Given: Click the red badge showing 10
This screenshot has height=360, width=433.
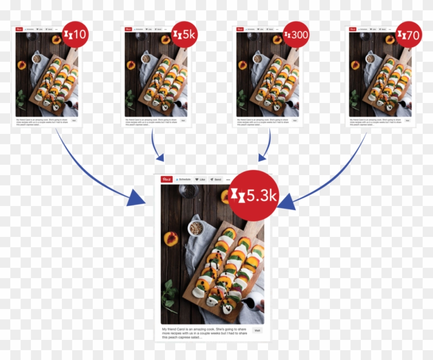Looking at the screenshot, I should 75,35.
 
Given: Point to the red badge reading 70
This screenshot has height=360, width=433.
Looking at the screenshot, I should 409,35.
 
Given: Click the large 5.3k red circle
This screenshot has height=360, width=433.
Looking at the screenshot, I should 254,196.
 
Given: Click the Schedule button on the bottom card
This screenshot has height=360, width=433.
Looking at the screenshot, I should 183,179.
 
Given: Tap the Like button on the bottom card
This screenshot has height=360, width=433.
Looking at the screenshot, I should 200,179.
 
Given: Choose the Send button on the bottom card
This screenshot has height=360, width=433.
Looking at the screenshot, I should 216,179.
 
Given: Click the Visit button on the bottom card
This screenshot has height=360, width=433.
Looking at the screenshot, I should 257,331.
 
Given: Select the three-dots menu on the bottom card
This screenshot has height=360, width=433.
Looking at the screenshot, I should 228,179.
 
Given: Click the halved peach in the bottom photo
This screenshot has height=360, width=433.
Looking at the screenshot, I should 171,238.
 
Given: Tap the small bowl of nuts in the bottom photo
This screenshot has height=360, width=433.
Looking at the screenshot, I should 195,228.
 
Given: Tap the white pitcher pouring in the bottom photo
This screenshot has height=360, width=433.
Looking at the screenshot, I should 254,301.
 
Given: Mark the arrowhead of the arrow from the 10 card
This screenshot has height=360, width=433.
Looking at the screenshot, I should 136,199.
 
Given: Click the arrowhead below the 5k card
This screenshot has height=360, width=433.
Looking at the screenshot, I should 159,157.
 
